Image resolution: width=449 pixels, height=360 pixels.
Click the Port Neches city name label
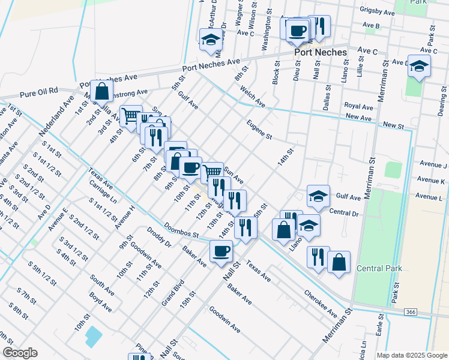click(x=320, y=52)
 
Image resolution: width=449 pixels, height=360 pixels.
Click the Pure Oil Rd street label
click(x=38, y=92)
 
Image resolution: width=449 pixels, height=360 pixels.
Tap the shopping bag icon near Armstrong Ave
click(x=103, y=92)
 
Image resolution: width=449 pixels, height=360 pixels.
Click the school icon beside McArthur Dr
click(x=211, y=40)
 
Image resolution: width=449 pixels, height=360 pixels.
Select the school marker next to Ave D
click(x=419, y=66)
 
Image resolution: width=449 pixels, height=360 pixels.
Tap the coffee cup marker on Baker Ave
click(x=221, y=251)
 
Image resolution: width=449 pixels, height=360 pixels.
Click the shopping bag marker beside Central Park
click(x=339, y=262)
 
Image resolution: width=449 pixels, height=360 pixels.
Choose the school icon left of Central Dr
click(x=318, y=196)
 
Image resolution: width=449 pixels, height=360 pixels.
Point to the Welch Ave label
click(x=253, y=97)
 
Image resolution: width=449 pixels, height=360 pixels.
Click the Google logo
click(x=20, y=353)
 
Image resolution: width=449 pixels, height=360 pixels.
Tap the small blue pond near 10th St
click(x=94, y=337)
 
